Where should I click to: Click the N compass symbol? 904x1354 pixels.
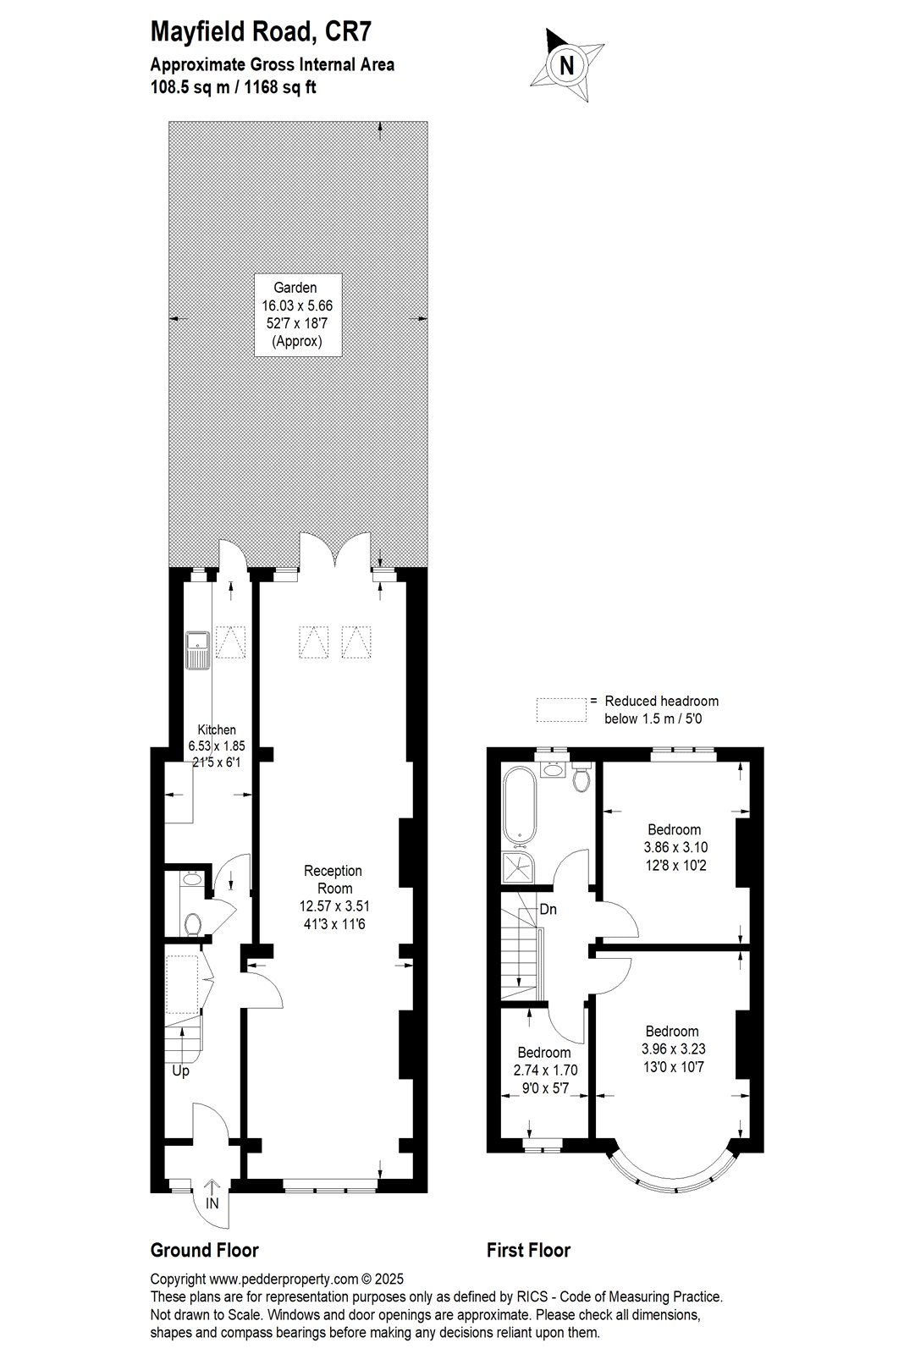[x=566, y=64]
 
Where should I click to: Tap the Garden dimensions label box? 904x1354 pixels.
[x=298, y=315]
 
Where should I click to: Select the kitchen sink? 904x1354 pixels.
[x=198, y=651]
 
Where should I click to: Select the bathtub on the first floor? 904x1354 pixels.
[x=519, y=806]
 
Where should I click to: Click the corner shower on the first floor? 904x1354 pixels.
[x=518, y=867]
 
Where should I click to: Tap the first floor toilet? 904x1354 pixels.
[x=581, y=779]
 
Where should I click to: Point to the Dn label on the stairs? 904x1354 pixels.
[x=548, y=909]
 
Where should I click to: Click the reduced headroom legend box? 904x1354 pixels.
[x=561, y=710]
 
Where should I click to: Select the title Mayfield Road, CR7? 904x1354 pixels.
[x=261, y=31]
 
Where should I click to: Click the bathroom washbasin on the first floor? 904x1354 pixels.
[x=552, y=769]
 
